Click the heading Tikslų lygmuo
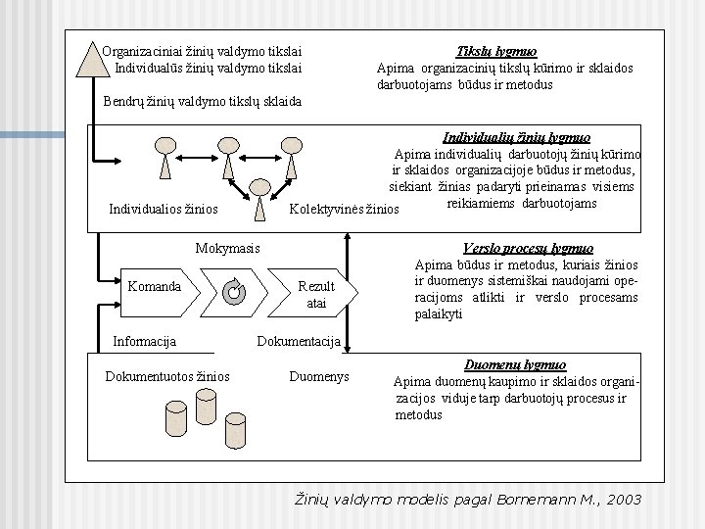coord(496,52)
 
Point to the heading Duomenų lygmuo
coord(515,364)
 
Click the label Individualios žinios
coord(164,209)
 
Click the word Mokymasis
coord(228,249)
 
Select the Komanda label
coord(154,286)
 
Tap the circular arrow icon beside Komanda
coord(233,290)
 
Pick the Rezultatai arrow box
coord(315,294)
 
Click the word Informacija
coord(145,341)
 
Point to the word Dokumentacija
coord(299,341)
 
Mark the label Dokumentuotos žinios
coord(167,376)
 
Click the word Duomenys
coord(319,376)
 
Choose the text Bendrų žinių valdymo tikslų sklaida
coord(203,101)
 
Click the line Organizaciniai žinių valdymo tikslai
coord(202,51)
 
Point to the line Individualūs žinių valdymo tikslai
coord(208,68)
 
